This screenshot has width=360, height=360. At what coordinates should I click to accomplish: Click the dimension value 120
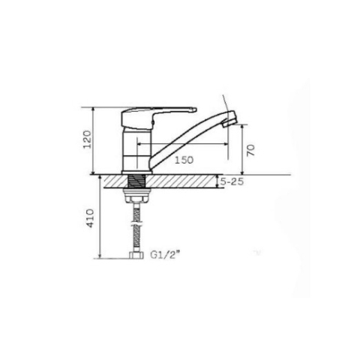[87, 139]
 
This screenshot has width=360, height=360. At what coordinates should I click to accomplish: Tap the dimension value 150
[184, 160]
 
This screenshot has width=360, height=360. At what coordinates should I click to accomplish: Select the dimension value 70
[250, 150]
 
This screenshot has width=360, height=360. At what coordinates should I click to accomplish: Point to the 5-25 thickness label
[232, 181]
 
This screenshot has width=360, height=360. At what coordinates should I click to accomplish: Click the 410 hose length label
[90, 218]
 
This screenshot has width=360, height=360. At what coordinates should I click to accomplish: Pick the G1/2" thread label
[165, 255]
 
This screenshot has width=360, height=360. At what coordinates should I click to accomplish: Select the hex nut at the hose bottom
[136, 255]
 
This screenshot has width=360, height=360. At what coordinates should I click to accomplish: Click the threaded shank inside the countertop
[136, 181]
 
